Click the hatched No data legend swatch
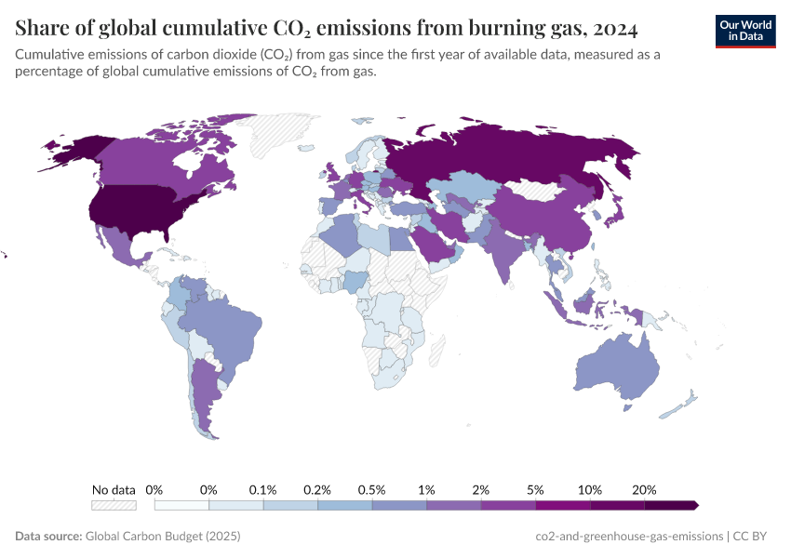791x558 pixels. tap(114, 505)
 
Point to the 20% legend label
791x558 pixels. tap(644, 489)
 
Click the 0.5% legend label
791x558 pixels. tap(372, 489)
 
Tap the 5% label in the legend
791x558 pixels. tap(535, 489)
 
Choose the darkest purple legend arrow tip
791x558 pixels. tap(694, 505)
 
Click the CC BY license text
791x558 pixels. tap(757, 537)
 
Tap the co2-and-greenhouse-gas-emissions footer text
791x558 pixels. tap(630, 537)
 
